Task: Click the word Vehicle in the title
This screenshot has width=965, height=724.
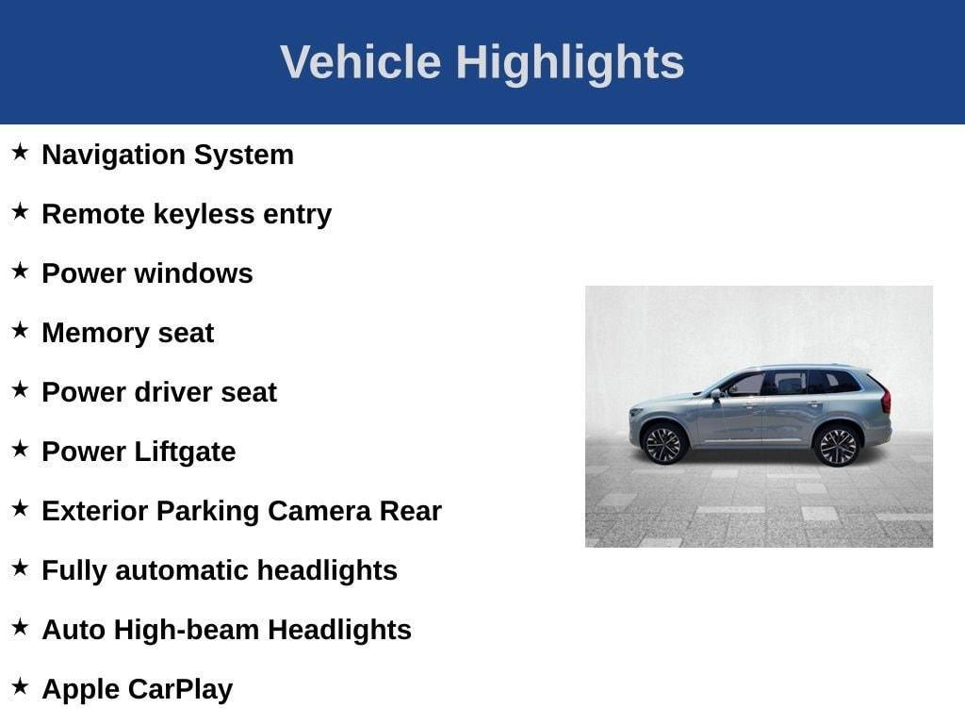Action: [361, 61]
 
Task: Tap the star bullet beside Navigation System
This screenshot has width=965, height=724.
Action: [20, 152]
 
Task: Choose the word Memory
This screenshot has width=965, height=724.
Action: [95, 334]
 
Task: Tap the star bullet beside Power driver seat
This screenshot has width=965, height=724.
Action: [20, 389]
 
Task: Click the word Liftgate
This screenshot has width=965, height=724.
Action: [185, 452]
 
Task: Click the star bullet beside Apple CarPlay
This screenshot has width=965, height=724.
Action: [20, 686]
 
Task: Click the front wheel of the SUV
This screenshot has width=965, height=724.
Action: [663, 445]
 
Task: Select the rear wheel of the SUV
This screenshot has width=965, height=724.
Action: [837, 446]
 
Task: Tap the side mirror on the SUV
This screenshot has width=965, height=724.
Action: [716, 395]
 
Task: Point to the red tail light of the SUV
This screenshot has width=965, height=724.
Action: [886, 400]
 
